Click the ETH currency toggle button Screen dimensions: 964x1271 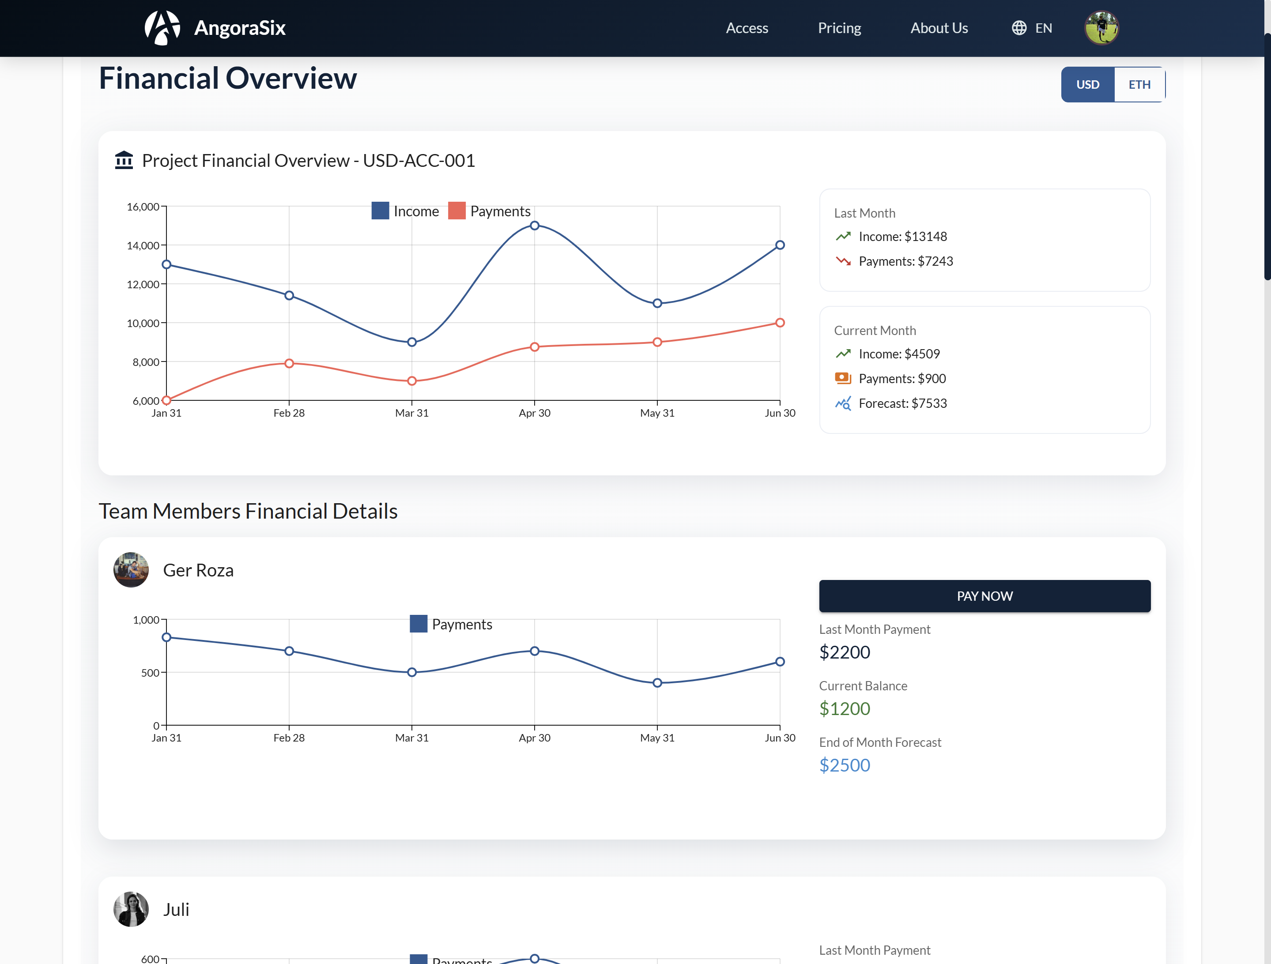coord(1139,84)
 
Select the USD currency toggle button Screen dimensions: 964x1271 coord(1087,84)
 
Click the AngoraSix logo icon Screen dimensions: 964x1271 coord(162,27)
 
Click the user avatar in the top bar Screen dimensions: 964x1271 coord(1101,27)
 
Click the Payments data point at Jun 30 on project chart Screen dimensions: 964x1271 coord(780,323)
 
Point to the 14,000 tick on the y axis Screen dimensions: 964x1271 coord(143,246)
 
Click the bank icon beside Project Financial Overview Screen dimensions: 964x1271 coord(124,160)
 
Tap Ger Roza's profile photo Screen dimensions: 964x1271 coord(131,570)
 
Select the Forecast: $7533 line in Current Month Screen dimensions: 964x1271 coord(902,403)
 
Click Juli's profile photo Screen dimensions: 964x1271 coord(131,909)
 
